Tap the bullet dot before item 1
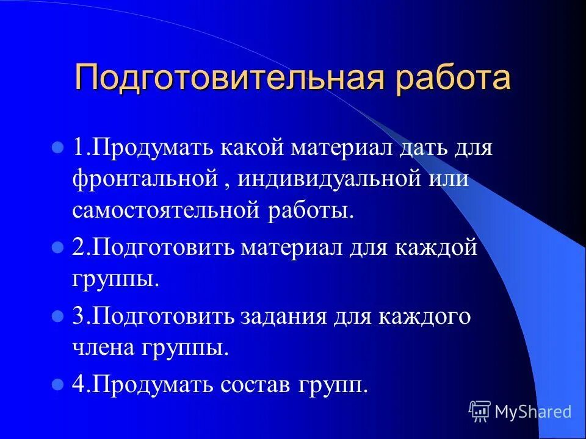tap(59, 148)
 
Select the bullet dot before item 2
tap(59, 249)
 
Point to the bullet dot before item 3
tap(59, 317)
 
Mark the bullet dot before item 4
tap(59, 385)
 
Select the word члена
tap(104, 348)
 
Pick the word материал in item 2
tap(297, 249)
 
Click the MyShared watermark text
tap(533, 412)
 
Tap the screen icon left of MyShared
tap(480, 412)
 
